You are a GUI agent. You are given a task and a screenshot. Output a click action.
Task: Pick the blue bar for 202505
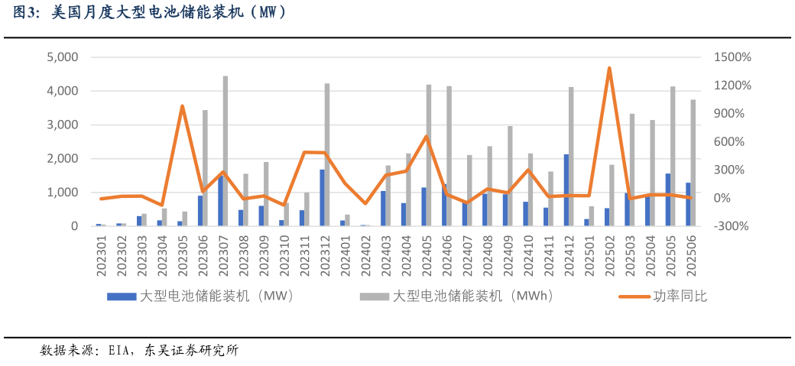coord(667,199)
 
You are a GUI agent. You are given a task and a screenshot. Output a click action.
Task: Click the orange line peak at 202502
coord(609,68)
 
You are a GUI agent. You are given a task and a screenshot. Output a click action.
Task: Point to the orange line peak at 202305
coord(182,106)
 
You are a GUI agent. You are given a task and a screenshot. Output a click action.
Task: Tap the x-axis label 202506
coord(690,255)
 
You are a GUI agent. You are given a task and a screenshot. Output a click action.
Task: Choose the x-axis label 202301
coord(99,255)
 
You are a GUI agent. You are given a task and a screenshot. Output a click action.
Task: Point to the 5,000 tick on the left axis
coord(63,57)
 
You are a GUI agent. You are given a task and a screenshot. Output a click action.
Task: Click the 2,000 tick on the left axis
coord(63,159)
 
